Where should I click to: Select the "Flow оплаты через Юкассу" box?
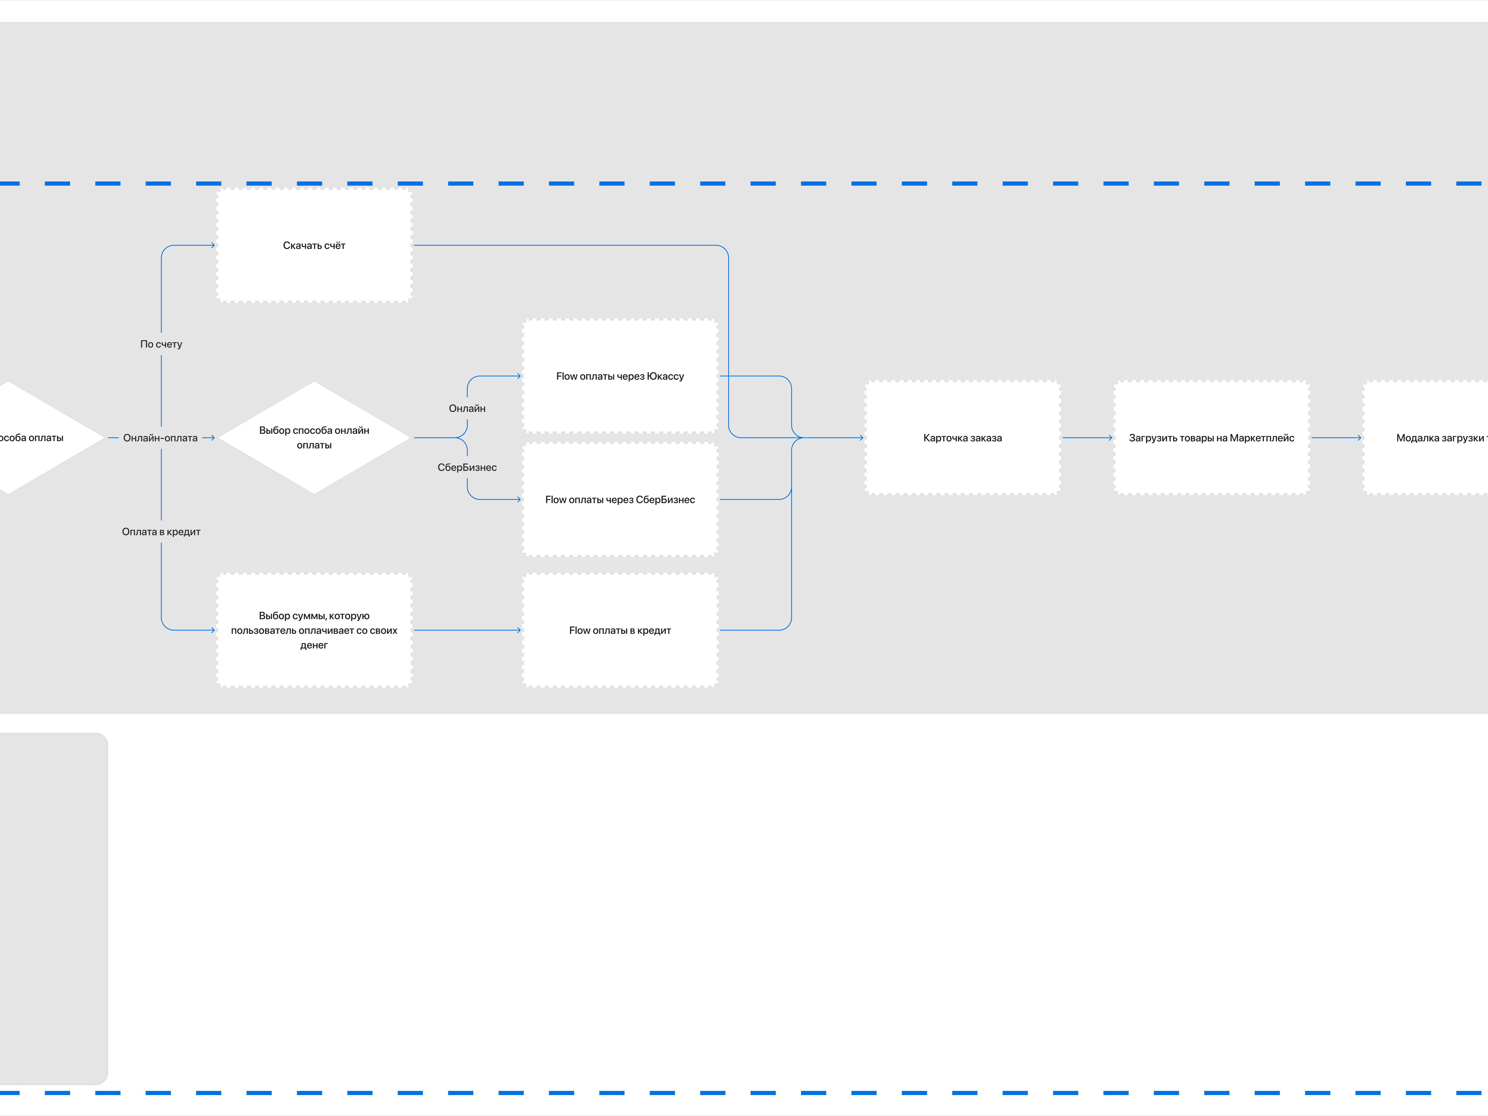(x=620, y=376)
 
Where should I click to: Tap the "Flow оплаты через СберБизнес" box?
(x=620, y=499)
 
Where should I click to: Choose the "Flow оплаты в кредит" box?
(x=620, y=630)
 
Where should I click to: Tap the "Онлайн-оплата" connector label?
(x=160, y=438)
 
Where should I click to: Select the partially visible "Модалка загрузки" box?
(x=1426, y=438)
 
